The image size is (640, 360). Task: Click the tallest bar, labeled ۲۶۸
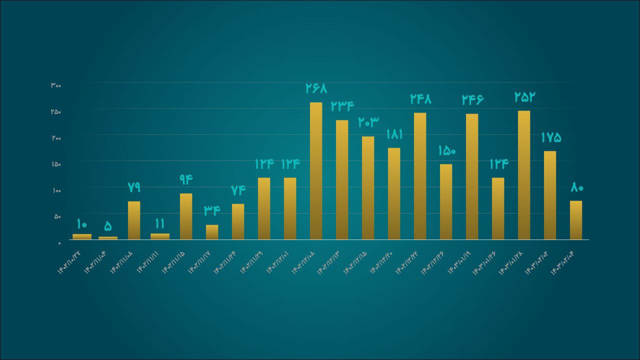pyautogui.click(x=316, y=171)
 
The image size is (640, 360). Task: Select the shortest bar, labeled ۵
pyautogui.click(x=108, y=238)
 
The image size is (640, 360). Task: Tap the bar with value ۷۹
pyautogui.click(x=134, y=220)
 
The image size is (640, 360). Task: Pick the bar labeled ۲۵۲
pyautogui.click(x=524, y=175)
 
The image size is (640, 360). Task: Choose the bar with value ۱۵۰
pyautogui.click(x=446, y=202)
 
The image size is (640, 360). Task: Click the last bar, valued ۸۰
pyautogui.click(x=576, y=220)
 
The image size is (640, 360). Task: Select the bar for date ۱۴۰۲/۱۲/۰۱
pyautogui.click(x=290, y=208)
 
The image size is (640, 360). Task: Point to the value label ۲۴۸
pyautogui.click(x=420, y=99)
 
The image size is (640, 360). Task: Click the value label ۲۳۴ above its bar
pyautogui.click(x=342, y=106)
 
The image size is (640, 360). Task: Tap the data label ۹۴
pyautogui.click(x=186, y=179)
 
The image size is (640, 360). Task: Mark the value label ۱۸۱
pyautogui.click(x=394, y=134)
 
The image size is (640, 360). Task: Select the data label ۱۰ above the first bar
pyautogui.click(x=82, y=223)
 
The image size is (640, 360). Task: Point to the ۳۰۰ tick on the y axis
pyautogui.click(x=55, y=85)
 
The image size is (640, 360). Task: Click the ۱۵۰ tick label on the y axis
pyautogui.click(x=55, y=164)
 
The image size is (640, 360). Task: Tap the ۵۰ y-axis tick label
pyautogui.click(x=56, y=216)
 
